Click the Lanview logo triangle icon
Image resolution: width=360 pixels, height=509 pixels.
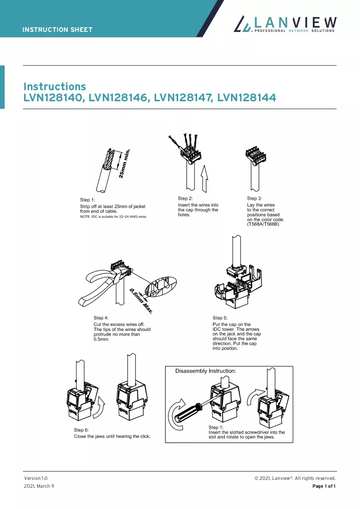[x=243, y=25]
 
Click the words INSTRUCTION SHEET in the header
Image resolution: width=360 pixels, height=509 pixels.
[x=57, y=30]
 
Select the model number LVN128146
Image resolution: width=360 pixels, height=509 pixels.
[x=118, y=98]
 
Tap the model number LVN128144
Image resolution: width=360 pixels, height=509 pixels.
[x=247, y=98]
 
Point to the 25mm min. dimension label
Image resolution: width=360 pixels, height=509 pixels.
[x=124, y=163]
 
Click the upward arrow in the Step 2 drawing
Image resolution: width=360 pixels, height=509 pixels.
[x=204, y=178]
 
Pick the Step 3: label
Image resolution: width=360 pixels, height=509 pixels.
[x=254, y=198]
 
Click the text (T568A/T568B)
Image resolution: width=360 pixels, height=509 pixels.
[x=263, y=224]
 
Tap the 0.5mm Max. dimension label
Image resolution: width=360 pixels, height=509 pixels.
[x=141, y=300]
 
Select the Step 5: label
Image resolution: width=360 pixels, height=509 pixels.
[x=220, y=318]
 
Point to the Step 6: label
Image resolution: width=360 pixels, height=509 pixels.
[x=81, y=430]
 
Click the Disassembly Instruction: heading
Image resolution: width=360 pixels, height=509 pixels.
[x=205, y=371]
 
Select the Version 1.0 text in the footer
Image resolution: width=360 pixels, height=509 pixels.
[x=36, y=478]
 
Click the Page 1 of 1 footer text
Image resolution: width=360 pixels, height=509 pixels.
[x=324, y=486]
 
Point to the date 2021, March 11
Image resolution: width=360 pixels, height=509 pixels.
[x=39, y=486]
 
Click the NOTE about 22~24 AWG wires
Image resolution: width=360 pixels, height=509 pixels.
[x=113, y=216]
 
